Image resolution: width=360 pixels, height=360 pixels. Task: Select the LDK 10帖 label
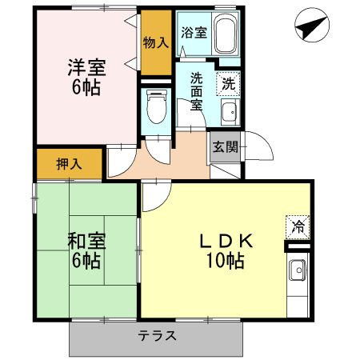pos(226,250)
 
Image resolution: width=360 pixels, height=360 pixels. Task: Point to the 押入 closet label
pos(68,164)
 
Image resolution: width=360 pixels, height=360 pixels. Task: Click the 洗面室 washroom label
pos(196,90)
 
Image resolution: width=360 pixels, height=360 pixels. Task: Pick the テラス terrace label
pos(157,336)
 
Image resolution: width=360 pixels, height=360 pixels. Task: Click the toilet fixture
pos(156,107)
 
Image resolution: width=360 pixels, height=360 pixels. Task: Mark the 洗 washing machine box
pos(228,82)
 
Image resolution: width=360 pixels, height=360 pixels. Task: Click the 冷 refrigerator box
pos(295,226)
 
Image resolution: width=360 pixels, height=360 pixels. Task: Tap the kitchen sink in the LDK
pos(298,271)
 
